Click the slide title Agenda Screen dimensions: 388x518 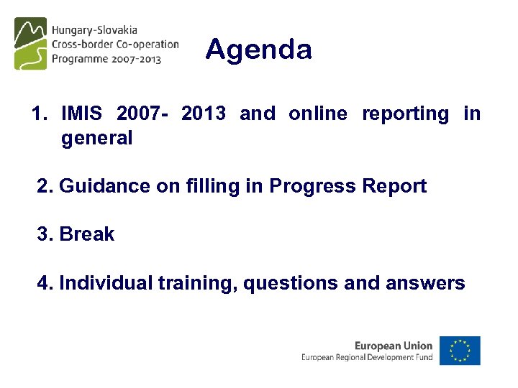pyautogui.click(x=258, y=50)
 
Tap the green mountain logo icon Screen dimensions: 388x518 pyautogui.click(x=30, y=44)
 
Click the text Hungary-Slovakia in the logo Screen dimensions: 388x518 pyautogui.click(x=94, y=31)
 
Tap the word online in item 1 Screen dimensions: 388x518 pyautogui.click(x=317, y=114)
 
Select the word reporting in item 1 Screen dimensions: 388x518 pyautogui.click(x=405, y=114)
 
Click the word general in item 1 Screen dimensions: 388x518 pyautogui.click(x=97, y=138)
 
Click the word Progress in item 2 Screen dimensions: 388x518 pyautogui.click(x=312, y=186)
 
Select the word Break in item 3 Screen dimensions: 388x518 pyautogui.click(x=87, y=234)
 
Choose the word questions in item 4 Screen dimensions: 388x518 pyautogui.click(x=291, y=284)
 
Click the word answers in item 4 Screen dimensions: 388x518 pyautogui.click(x=425, y=284)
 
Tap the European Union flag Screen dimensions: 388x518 pyautogui.click(x=460, y=351)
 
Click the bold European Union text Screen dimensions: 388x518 pyautogui.click(x=394, y=346)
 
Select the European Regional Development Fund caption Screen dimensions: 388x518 pyautogui.click(x=367, y=357)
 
